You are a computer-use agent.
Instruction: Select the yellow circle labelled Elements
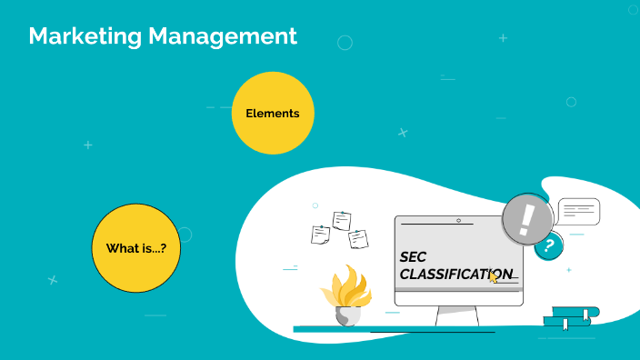[x=273, y=113]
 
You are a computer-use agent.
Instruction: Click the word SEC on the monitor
[x=413, y=256]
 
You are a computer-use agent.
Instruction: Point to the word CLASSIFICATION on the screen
[x=455, y=274]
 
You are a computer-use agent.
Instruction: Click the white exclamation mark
[x=526, y=220]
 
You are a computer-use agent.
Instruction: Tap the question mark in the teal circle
[x=548, y=245]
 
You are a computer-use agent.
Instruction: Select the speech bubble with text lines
[x=579, y=212]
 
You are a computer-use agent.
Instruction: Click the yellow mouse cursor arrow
[x=494, y=276]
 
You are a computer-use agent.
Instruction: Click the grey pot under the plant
[x=347, y=315]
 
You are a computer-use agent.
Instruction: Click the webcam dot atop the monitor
[x=458, y=220]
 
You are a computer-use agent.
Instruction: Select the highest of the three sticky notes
[x=342, y=220]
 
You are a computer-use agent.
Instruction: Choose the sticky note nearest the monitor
[x=358, y=239]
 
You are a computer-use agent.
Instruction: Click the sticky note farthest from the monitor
[x=320, y=235]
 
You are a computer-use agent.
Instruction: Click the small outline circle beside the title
[x=345, y=42]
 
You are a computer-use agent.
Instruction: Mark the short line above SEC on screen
[x=436, y=224]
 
